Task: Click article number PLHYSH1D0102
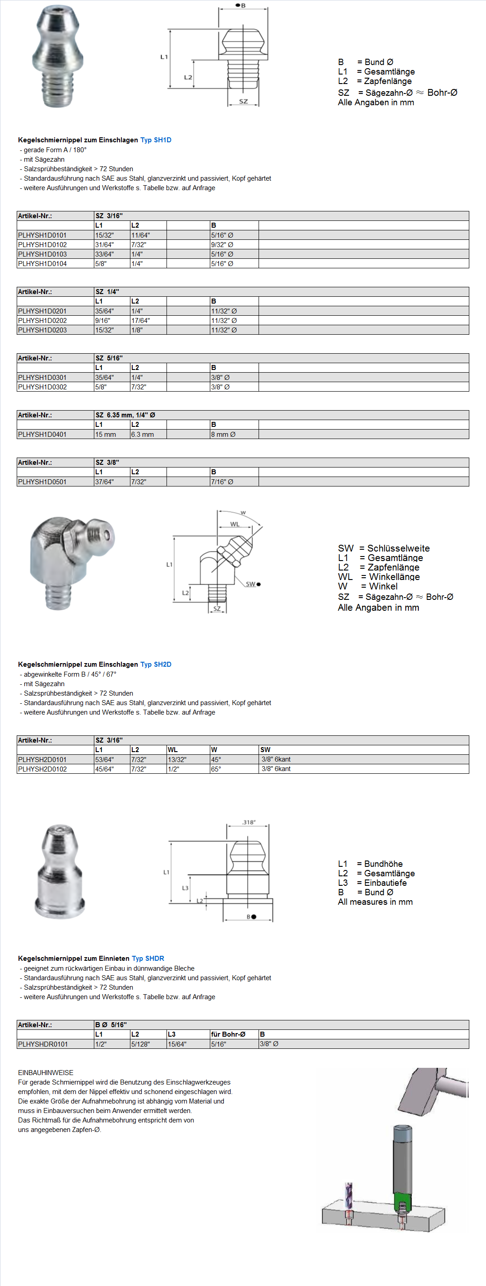(42, 245)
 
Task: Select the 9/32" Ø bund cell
(222, 245)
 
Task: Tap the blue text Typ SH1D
(156, 140)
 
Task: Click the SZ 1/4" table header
(107, 291)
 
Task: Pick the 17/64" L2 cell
(140, 321)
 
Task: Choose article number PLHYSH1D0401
(42, 435)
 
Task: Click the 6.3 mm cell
(142, 435)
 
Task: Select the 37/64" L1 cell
(104, 482)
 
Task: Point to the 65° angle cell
(216, 769)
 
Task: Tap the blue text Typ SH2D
(156, 664)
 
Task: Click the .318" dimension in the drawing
(249, 822)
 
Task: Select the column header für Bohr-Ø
(228, 1034)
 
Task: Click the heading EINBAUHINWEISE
(46, 1072)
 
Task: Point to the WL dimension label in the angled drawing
(235, 524)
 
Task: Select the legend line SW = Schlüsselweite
(383, 548)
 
